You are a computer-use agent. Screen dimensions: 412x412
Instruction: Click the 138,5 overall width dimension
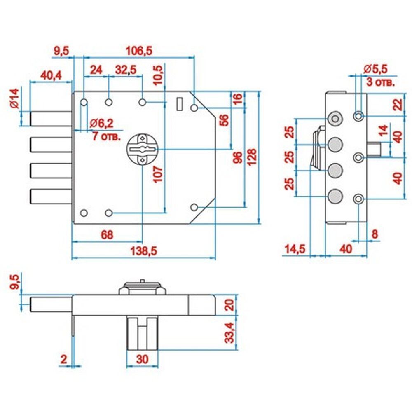144,251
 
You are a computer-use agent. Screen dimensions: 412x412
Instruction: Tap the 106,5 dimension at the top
139,50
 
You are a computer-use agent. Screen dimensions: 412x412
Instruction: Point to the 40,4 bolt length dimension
51,75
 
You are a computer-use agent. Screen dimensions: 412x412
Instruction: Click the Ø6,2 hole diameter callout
101,123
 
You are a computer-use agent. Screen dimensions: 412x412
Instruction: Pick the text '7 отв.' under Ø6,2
106,136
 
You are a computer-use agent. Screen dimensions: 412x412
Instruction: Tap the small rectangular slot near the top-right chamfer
180,104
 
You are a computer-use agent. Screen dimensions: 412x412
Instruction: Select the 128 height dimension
251,157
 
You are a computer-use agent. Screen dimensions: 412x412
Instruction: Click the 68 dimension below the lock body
107,235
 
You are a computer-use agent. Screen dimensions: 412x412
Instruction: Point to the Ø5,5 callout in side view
375,69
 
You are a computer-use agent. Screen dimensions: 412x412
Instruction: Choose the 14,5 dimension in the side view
295,248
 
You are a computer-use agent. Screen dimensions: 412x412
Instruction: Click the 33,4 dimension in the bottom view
229,332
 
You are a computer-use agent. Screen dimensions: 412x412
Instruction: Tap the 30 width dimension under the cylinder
143,359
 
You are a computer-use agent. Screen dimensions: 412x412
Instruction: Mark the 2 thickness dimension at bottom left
64,359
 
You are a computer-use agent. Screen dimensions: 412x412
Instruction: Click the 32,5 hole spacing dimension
126,70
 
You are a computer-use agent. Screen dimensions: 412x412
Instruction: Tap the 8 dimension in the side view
375,234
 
